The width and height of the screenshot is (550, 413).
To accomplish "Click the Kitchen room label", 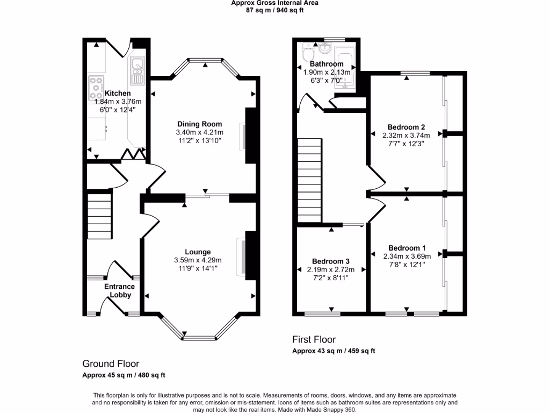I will (x=117, y=94).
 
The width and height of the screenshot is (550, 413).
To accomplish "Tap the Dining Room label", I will (x=199, y=124).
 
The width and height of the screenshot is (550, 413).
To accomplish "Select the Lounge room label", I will (x=198, y=252).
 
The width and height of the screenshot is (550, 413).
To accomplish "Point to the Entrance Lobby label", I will (x=119, y=290).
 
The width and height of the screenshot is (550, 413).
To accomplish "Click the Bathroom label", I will (x=327, y=64).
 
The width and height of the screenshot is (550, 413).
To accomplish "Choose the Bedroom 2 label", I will (x=407, y=127).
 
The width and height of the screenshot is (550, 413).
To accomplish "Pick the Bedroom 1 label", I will (x=407, y=248).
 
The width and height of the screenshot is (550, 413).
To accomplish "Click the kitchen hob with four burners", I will (x=97, y=85).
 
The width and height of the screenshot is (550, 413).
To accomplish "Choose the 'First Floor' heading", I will (x=314, y=339).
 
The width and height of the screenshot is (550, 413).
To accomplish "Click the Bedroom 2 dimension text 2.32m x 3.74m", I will (x=407, y=136).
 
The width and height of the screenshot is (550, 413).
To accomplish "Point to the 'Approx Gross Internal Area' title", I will (x=274, y=3).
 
